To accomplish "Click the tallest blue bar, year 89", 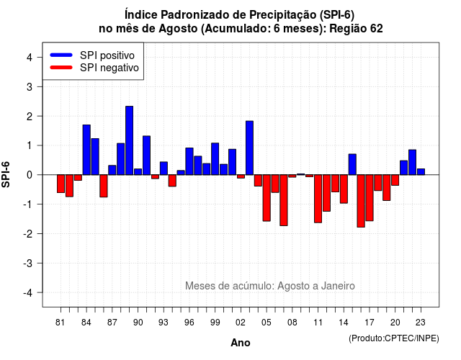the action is (130, 140).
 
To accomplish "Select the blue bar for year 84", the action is (86, 150).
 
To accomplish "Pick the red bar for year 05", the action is (267, 198).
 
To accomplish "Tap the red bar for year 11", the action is (318, 199).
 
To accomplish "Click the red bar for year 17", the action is (370, 198).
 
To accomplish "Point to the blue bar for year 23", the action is (421, 171).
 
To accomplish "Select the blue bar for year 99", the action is (215, 159).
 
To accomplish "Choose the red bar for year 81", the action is (61, 184).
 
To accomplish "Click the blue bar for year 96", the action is (189, 161).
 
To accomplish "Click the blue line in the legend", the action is (61, 55).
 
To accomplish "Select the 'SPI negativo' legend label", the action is (109, 68).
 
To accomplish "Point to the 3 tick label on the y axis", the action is (30, 86).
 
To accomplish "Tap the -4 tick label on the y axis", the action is (28, 293).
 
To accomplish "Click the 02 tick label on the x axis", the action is (241, 323).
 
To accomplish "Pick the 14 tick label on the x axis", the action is (344, 323).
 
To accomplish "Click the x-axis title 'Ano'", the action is (241, 343).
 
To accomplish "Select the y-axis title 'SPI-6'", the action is (6, 174).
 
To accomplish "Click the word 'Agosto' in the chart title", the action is (178, 29).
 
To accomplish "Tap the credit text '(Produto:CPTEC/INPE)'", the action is (394, 338).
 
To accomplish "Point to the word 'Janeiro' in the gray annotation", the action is (338, 286).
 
